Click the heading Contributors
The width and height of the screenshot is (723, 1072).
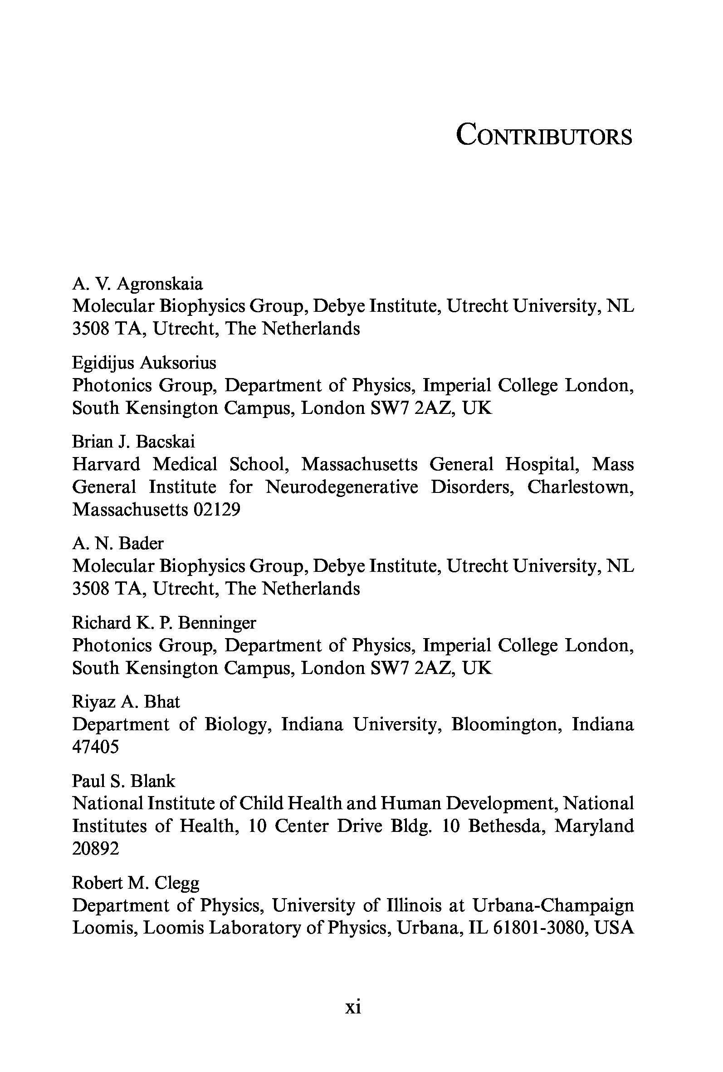click(x=544, y=135)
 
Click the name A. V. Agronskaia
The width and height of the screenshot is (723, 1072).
click(x=137, y=284)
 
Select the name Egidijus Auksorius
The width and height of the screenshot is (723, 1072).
click(x=144, y=363)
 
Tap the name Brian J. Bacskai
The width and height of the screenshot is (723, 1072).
click(x=133, y=442)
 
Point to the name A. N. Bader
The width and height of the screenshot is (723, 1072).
click(x=117, y=543)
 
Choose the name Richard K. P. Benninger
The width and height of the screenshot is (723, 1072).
click(x=164, y=623)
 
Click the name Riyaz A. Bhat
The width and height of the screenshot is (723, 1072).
click(x=126, y=702)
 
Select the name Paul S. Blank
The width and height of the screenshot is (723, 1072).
click(x=123, y=781)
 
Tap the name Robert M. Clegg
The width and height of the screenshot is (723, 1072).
click(x=136, y=882)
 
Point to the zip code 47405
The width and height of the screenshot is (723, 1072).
click(x=95, y=747)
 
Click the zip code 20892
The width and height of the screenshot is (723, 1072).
click(x=95, y=848)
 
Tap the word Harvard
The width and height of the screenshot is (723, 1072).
click(x=106, y=464)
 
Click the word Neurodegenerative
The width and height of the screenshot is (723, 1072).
click(x=342, y=487)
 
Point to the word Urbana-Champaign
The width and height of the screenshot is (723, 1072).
click(x=553, y=905)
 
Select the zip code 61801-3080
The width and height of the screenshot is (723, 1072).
click(x=539, y=928)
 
